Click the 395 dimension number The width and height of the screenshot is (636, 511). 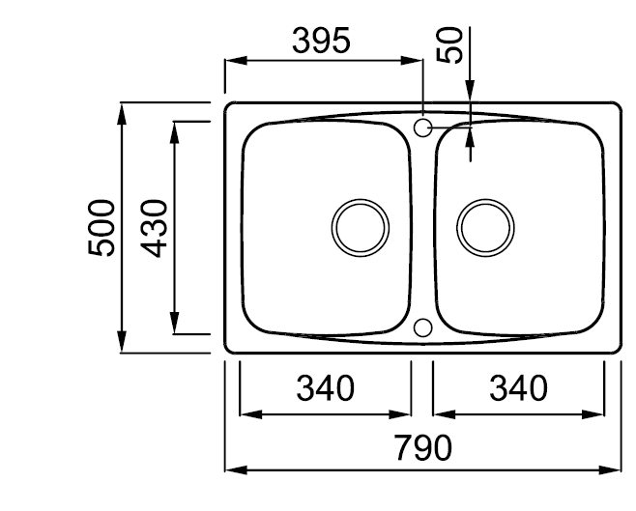pyautogui.click(x=321, y=41)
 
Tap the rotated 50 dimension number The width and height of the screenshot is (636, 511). pyautogui.click(x=449, y=45)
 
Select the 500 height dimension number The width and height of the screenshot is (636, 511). pyautogui.click(x=101, y=228)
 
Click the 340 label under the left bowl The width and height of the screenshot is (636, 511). pyautogui.click(x=326, y=388)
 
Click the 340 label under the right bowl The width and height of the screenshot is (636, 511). pyautogui.click(x=518, y=388)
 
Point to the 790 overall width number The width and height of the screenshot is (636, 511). pyautogui.click(x=423, y=448)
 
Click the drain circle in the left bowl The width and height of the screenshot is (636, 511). pyautogui.click(x=361, y=199)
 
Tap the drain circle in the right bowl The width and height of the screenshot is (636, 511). pyautogui.click(x=485, y=199)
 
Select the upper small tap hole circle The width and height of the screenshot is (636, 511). pyautogui.click(x=422, y=119)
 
